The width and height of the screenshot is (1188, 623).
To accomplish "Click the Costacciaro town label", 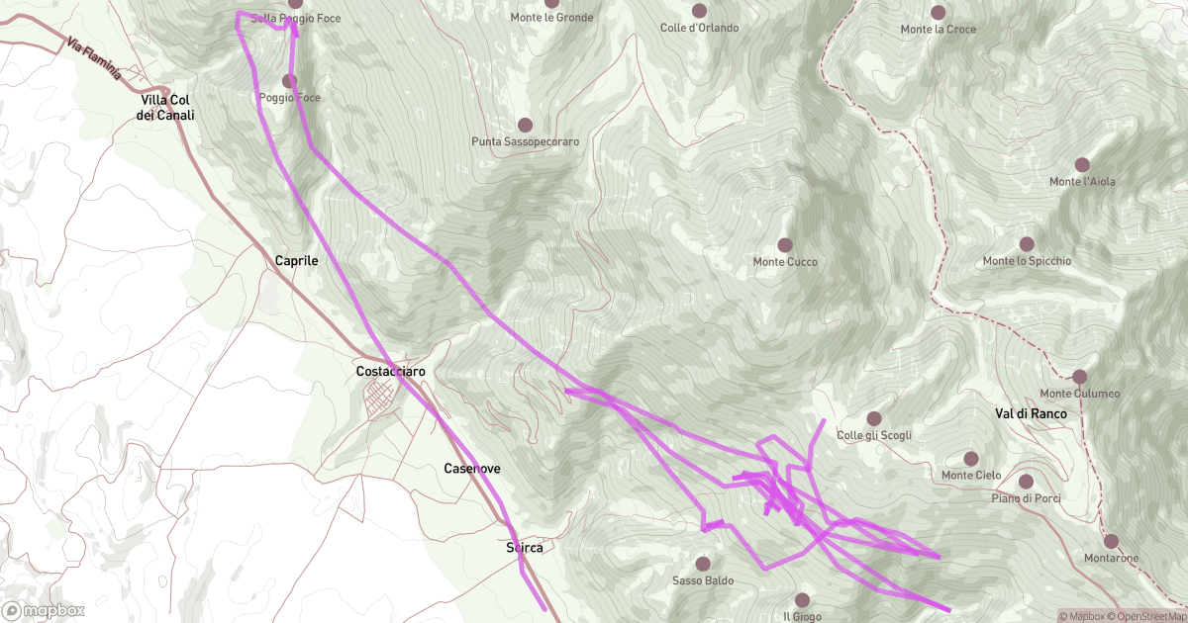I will coord(390,371).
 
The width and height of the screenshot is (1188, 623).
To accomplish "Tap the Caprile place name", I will coord(297,260).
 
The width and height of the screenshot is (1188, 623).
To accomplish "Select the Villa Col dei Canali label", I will coord(166,108).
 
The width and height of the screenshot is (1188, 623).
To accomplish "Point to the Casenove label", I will coord(472,468).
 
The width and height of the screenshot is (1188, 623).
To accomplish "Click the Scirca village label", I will coord(524,547).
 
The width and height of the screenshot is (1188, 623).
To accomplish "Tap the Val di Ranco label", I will coord(1031,412).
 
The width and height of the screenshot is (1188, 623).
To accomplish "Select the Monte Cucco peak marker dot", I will coord(785,244).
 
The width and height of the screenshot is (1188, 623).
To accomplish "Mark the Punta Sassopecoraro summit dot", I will coord(525,125).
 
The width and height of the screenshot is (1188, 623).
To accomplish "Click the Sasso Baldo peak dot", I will coord(703,564).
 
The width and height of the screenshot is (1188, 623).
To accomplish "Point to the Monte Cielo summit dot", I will coord(971,459).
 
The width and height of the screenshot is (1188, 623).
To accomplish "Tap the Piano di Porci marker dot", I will coord(1025,482).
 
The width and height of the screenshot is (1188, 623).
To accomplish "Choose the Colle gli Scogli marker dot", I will coord(873,418).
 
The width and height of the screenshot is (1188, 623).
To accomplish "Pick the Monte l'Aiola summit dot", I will coord(1082,164).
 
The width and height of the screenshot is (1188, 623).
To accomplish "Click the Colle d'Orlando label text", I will coord(700,27).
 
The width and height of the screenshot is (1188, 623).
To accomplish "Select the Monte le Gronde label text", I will coord(552,17).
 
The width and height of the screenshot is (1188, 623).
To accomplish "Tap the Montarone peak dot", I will coord(1111,541).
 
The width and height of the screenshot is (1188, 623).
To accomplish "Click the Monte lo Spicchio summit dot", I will coord(1027,243).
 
